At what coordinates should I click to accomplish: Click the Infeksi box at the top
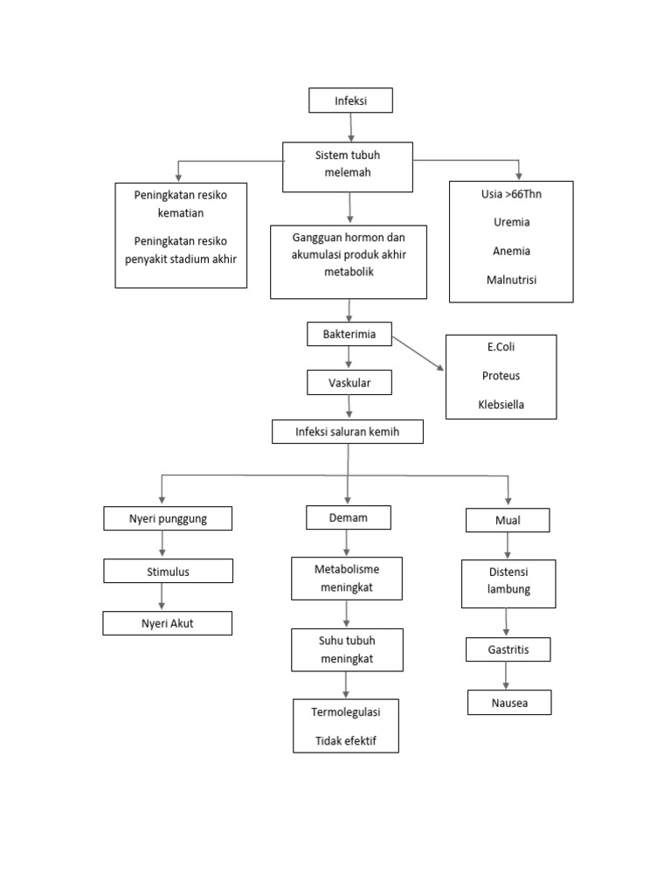(x=350, y=101)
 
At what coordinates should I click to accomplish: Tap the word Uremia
(x=511, y=222)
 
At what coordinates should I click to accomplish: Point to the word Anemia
(x=511, y=251)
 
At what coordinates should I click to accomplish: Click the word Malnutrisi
(x=511, y=280)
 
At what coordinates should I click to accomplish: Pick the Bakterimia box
(x=349, y=334)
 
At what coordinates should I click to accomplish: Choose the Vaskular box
(x=349, y=382)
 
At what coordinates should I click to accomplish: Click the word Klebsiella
(x=501, y=405)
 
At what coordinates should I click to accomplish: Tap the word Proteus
(x=501, y=376)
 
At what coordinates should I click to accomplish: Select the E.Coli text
(x=501, y=347)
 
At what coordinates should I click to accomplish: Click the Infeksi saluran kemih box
(x=348, y=432)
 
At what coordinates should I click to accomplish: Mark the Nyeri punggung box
(x=168, y=519)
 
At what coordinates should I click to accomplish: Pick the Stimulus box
(x=168, y=572)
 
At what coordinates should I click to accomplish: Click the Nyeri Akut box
(x=167, y=623)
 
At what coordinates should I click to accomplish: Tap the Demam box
(x=348, y=517)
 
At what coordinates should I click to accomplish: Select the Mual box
(x=508, y=521)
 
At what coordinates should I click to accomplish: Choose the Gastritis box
(x=508, y=650)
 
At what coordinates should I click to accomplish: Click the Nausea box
(x=508, y=703)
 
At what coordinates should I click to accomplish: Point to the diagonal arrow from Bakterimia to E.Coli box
(x=418, y=353)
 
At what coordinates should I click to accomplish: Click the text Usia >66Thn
(x=511, y=193)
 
